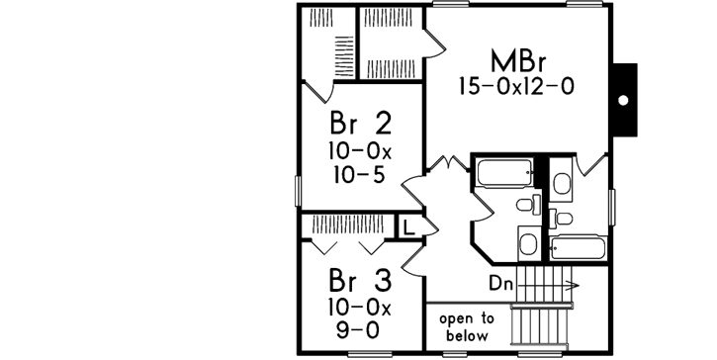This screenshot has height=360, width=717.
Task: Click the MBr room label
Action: point(515,58)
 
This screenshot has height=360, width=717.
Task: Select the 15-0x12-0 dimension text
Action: point(515,87)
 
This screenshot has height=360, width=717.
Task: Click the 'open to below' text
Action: point(467,326)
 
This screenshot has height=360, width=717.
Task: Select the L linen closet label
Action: point(406,226)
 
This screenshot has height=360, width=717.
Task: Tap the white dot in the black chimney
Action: point(623,100)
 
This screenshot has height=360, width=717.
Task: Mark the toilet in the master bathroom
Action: point(560,183)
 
